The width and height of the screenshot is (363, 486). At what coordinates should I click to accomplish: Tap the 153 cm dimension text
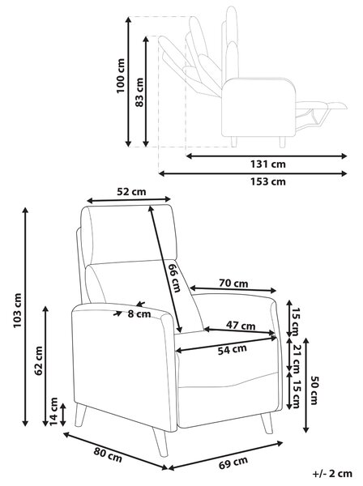coord(268,181)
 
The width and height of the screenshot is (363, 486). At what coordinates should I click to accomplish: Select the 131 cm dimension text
coord(268,164)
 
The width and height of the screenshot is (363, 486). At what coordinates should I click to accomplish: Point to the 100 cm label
coord(120,75)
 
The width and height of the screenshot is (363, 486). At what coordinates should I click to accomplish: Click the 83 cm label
coord(139,92)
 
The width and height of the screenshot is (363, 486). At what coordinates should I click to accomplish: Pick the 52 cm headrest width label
coord(131,192)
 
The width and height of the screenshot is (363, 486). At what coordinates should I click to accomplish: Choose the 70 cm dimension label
coord(233,283)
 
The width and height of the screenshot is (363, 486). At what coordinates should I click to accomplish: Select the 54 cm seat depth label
coord(233,349)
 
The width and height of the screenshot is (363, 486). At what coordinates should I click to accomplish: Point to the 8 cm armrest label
coord(139,314)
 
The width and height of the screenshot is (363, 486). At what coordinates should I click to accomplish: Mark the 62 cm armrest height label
coord(38,360)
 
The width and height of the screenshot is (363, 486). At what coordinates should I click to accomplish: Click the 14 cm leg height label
coord(54,411)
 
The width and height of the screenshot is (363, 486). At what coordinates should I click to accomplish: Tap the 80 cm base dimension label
coord(108,455)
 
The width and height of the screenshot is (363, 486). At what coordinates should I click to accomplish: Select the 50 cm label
coord(314,390)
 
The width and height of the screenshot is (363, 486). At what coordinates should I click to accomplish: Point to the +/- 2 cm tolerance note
coord(333,473)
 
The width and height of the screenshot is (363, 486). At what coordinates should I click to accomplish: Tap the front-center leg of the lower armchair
coord(160,441)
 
